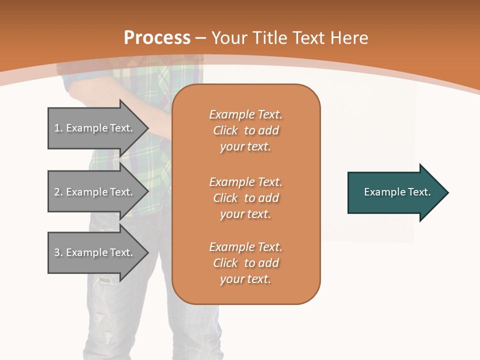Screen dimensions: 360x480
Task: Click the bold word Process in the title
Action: click(157, 38)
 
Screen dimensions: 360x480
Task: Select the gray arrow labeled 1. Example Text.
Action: click(95, 128)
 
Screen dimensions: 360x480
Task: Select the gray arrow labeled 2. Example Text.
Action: click(95, 192)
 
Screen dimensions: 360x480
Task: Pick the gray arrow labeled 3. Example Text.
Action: click(95, 252)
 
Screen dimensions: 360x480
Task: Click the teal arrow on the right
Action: click(395, 192)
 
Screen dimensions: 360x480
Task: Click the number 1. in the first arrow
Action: click(58, 128)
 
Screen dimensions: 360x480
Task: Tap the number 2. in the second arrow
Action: click(58, 192)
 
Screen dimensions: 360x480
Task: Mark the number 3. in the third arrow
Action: click(58, 252)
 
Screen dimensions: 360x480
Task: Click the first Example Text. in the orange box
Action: click(245, 114)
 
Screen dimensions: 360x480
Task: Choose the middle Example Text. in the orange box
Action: click(245, 182)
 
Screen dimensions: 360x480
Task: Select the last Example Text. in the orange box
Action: click(245, 247)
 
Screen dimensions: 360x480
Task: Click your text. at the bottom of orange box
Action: click(245, 279)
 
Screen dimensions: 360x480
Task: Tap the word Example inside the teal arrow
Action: click(381, 192)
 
